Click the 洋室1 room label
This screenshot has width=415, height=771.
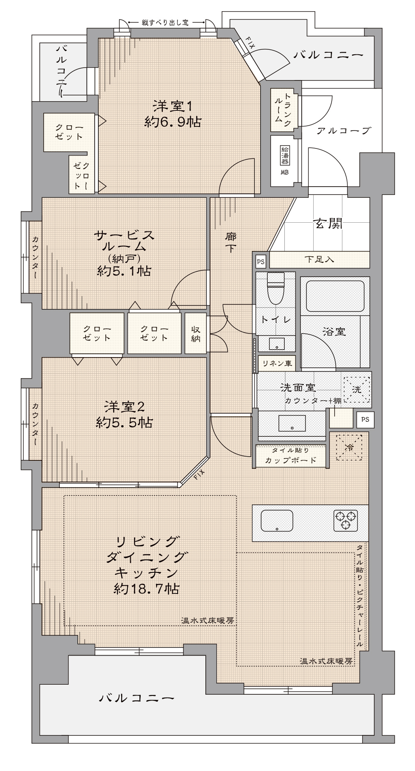tap(173, 107)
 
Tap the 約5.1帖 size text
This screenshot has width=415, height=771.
tap(124, 271)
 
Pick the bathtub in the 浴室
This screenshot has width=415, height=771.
tap(335, 296)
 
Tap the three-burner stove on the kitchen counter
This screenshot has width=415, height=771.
tap(346, 520)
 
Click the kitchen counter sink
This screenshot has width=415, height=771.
tap(277, 520)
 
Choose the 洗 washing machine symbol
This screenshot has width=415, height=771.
tap(356, 389)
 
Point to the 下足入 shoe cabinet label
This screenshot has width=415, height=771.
tap(319, 260)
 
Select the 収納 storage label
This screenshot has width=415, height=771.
tap(196, 333)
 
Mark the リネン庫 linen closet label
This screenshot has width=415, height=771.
tap(277, 363)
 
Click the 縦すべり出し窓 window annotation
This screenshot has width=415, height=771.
tap(165, 23)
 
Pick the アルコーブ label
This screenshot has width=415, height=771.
tap(343, 131)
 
